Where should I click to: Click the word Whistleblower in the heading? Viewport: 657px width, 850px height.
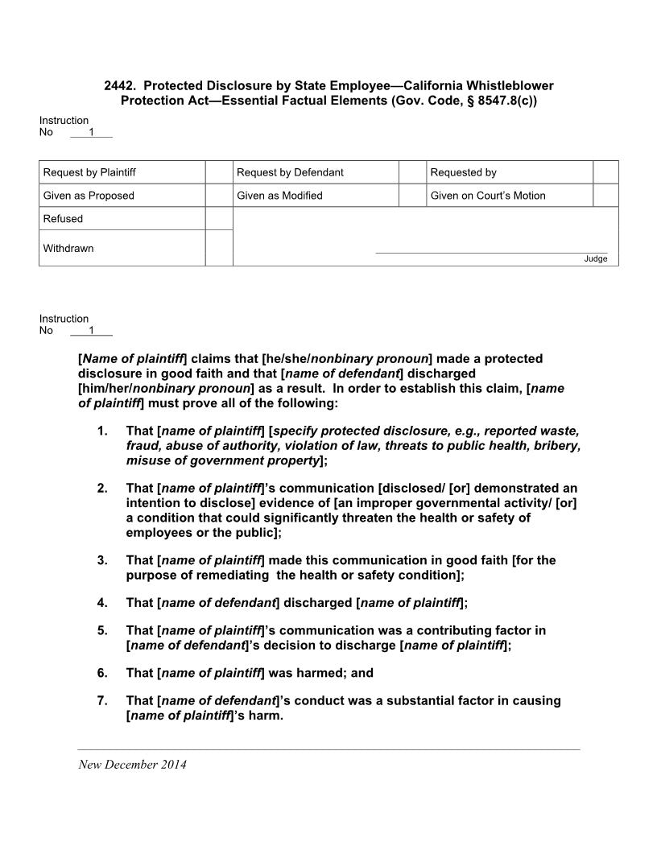point(514,85)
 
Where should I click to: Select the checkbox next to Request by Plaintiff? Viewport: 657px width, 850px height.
point(218,172)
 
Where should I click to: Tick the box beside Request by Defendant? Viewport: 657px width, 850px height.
point(412,172)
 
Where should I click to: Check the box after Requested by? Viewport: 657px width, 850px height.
point(605,172)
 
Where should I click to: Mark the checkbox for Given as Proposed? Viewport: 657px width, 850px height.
point(218,196)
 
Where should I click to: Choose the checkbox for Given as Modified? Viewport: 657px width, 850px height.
point(412,196)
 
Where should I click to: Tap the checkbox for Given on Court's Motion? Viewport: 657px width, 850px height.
point(605,196)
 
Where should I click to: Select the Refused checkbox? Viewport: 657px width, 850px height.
point(218,219)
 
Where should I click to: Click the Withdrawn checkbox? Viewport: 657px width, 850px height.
point(218,248)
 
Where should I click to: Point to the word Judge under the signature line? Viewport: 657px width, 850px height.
point(596,258)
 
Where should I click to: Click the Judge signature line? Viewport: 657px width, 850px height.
point(491,252)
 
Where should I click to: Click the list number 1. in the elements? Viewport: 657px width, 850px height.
point(102,431)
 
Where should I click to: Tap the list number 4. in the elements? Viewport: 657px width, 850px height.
point(102,602)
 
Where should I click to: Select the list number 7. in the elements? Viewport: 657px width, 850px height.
point(102,700)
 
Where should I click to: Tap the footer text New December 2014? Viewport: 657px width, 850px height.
point(132,765)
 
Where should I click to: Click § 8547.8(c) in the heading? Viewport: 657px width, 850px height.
point(495,101)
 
